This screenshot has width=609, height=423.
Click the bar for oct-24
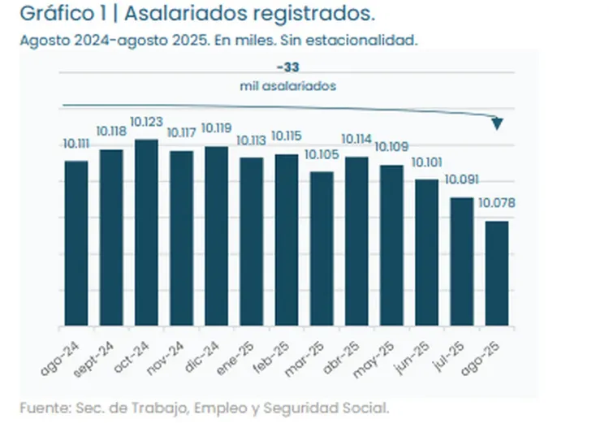[146, 233]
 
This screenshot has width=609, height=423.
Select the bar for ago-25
[496, 274]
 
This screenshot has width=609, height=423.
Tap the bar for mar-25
[322, 249]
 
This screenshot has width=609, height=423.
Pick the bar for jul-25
[461, 261]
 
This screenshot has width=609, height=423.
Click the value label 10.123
[146, 122]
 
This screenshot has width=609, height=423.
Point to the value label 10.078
[496, 203]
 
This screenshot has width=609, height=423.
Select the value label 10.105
[322, 154]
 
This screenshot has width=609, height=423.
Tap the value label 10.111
[76, 144]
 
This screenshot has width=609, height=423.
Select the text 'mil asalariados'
[287, 85]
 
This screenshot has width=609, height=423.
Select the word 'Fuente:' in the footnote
[43, 407]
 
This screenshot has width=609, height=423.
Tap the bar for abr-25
[356, 242]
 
